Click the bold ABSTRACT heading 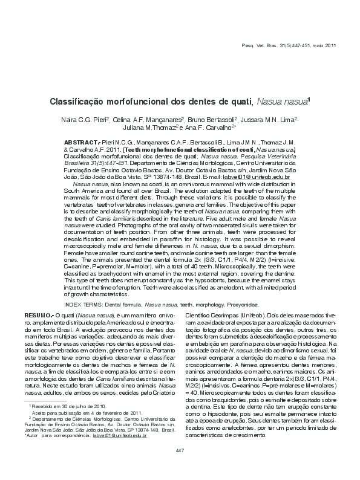click(x=82, y=141)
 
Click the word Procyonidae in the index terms click(x=243, y=306)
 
